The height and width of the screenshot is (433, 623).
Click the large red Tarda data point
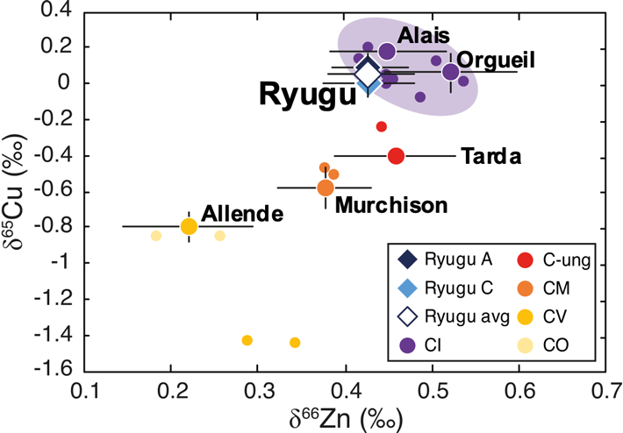[396, 156]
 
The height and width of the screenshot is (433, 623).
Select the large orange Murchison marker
[326, 188]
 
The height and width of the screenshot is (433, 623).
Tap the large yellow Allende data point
[189, 226]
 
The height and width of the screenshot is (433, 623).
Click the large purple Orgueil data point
[450, 72]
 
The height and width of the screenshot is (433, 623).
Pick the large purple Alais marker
[387, 52]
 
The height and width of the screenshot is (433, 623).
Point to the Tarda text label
[492, 158]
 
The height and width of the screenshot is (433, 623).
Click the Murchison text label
[391, 204]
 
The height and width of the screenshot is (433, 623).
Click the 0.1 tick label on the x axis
[85, 388]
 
